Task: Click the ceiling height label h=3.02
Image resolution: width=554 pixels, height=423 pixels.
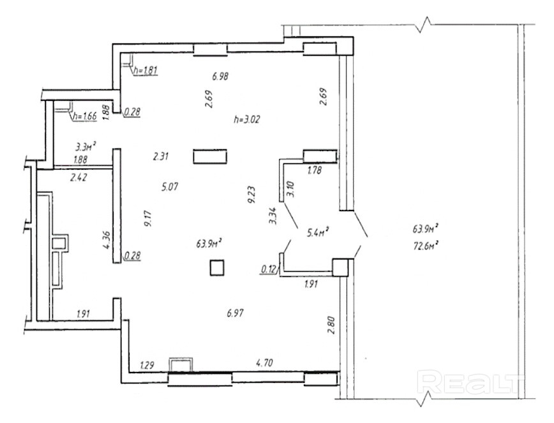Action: (247, 119)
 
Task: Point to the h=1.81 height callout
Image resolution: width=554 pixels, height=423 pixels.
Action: (146, 70)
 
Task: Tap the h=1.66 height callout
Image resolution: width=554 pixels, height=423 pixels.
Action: (84, 116)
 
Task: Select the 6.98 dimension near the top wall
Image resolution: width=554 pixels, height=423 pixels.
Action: (220, 76)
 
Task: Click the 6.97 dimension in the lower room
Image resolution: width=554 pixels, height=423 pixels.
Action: (236, 313)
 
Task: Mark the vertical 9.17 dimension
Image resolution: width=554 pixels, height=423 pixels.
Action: (147, 218)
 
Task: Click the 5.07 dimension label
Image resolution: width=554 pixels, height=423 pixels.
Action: (170, 186)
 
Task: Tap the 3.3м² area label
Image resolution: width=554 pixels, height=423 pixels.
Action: (86, 145)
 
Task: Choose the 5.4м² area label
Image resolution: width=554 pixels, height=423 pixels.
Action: (318, 232)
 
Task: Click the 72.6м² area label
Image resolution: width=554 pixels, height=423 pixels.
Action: (426, 246)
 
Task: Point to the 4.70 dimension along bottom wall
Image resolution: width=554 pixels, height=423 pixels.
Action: (265, 362)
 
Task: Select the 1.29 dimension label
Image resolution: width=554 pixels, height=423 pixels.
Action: (147, 365)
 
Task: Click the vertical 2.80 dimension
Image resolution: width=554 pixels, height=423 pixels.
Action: (331, 325)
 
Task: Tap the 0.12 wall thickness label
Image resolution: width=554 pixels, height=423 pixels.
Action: (268, 269)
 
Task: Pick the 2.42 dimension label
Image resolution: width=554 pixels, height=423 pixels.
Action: (79, 177)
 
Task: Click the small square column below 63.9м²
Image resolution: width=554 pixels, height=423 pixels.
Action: (217, 267)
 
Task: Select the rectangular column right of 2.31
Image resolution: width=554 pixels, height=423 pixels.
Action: (210, 156)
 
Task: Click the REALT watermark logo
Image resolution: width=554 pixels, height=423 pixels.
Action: (470, 382)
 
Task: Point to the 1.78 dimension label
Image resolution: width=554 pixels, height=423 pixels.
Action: (315, 170)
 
